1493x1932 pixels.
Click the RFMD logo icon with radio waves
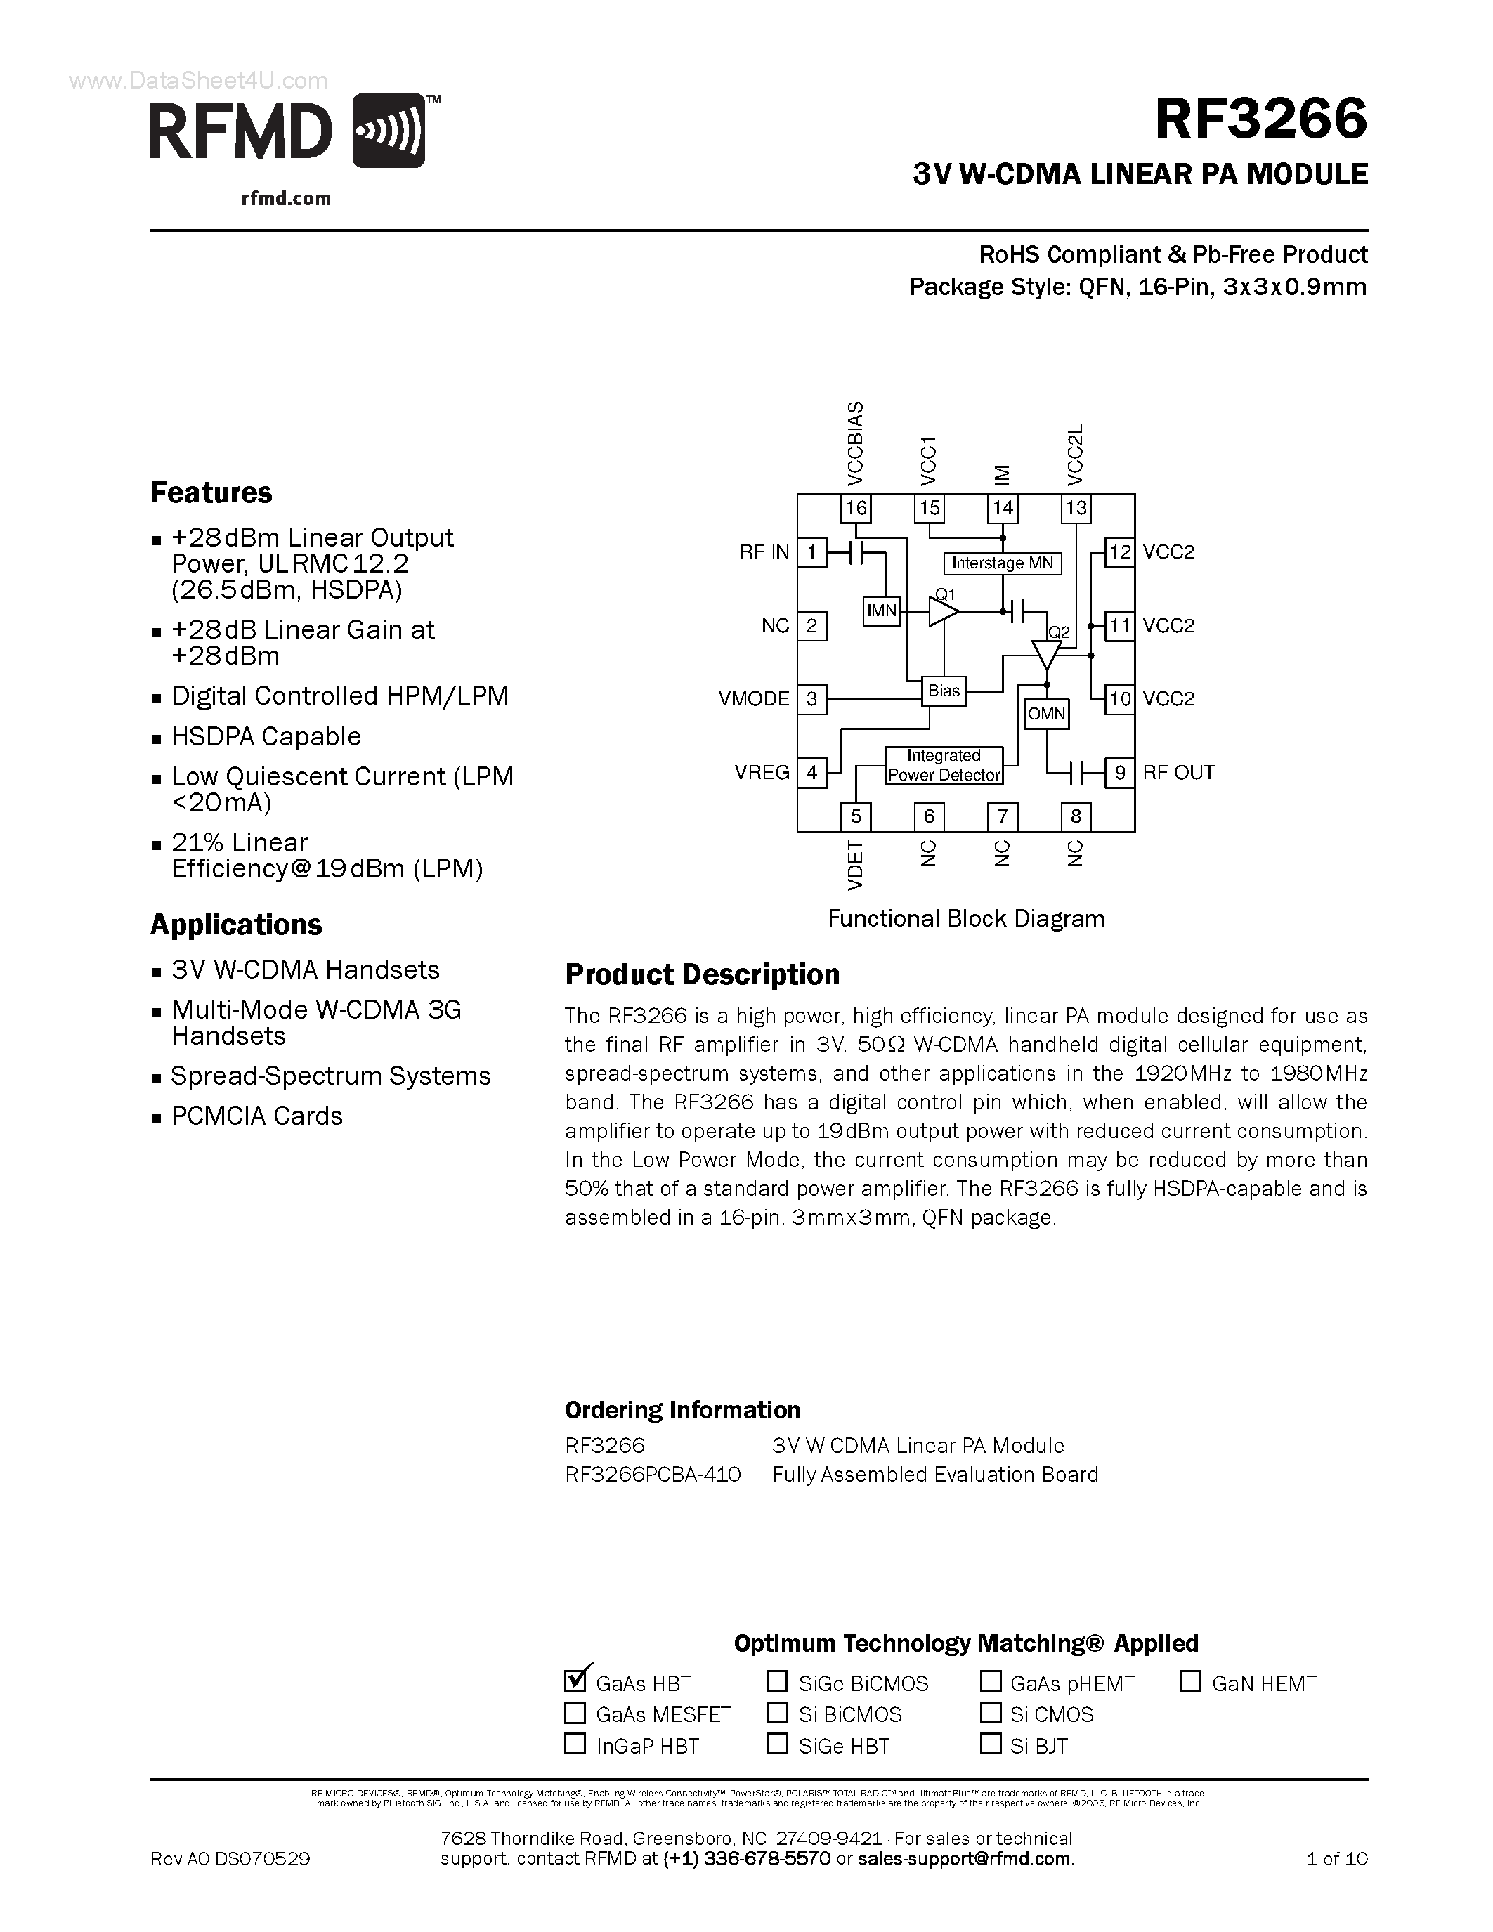(389, 131)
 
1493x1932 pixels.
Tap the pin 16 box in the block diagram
(855, 508)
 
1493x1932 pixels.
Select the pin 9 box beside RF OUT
(1120, 772)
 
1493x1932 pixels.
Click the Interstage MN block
(1002, 563)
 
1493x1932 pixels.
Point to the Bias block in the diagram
(944, 691)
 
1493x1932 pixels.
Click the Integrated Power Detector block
(944, 765)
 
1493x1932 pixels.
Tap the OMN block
(1046, 714)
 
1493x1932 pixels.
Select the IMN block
(881, 611)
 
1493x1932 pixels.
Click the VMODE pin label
(754, 699)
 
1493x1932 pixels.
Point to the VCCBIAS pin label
(855, 443)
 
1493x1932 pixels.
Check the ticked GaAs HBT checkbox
(575, 1679)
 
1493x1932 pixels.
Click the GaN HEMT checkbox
(1190, 1680)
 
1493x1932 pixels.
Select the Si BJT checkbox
(991, 1744)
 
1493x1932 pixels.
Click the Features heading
(211, 492)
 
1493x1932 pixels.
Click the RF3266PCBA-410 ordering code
(653, 1475)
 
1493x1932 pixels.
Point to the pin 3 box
(811, 699)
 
